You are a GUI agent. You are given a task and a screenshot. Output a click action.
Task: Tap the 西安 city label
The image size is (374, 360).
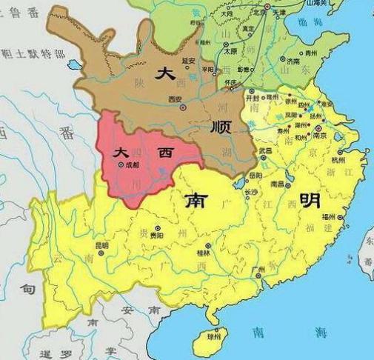(x=175, y=99)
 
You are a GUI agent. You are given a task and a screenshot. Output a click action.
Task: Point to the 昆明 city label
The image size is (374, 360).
(x=101, y=245)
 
